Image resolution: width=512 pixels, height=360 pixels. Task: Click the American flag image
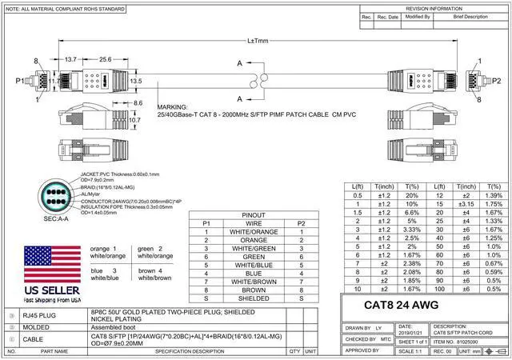click(50, 266)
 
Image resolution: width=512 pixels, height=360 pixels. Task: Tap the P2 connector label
click(496, 81)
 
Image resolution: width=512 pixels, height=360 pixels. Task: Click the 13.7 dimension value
click(70, 59)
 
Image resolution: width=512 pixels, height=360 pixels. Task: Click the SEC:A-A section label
click(54, 218)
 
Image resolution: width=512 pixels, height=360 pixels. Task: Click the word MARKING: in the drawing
click(174, 106)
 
